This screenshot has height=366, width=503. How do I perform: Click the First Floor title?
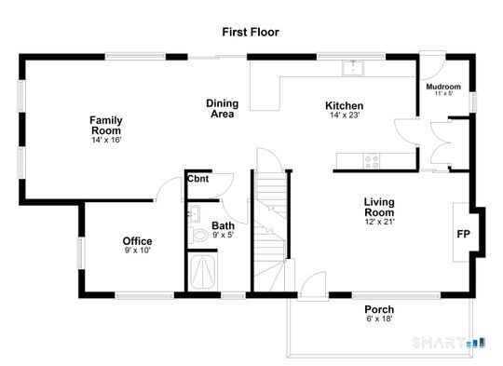pyautogui.click(x=250, y=32)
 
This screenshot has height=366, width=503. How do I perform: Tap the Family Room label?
pyautogui.click(x=106, y=125)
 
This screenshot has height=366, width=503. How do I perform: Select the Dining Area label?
pyautogui.click(x=221, y=109)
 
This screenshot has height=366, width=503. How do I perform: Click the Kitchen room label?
pyautogui.click(x=344, y=105)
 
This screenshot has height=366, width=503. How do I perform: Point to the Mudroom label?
pyautogui.click(x=443, y=87)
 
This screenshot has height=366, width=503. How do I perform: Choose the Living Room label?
pyautogui.click(x=379, y=207)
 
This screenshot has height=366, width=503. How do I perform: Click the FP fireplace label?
pyautogui.click(x=463, y=234)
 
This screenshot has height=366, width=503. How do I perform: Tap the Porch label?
pyautogui.click(x=378, y=310)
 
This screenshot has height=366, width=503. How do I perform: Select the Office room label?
pyautogui.click(x=137, y=241)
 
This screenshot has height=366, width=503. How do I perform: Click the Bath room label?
pyautogui.click(x=223, y=225)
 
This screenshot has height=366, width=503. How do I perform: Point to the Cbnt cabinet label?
pyautogui.click(x=197, y=179)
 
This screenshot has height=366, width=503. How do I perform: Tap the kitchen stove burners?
pyautogui.click(x=373, y=159)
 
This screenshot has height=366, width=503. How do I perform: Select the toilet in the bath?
pyautogui.click(x=198, y=235)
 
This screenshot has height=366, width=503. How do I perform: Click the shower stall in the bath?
pyautogui.click(x=202, y=273)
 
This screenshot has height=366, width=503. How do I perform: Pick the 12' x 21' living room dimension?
pyautogui.click(x=379, y=222)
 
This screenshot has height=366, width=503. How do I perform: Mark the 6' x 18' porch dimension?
pyautogui.click(x=378, y=320)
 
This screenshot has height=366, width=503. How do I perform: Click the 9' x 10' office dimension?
pyautogui.click(x=137, y=251)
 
